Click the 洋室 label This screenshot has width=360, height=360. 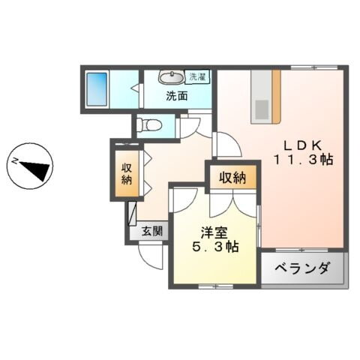pos(212,232)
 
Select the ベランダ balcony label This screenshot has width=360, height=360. pos(303,268)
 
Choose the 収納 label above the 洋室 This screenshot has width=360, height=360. pos(232,178)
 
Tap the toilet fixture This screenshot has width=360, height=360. pos(150,125)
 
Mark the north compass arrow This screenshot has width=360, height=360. pos(33,166)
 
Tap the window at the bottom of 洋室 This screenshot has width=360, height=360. pos(214,286)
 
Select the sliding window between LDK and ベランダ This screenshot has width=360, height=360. pos(302,248)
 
